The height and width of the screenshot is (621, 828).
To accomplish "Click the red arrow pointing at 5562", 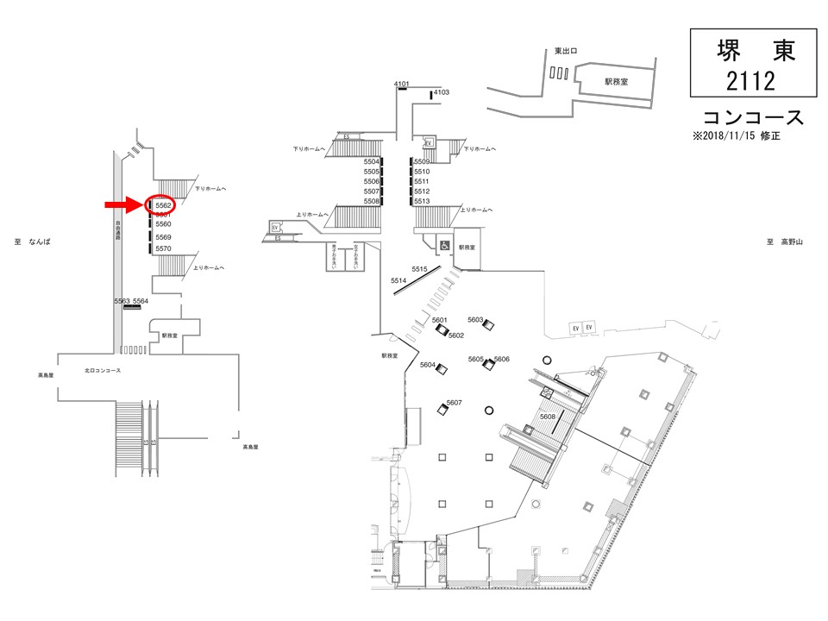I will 123,204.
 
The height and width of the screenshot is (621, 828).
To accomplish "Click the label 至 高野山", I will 784,242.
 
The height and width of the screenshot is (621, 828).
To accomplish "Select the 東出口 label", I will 566,51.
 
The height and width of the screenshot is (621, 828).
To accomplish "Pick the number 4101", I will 401,84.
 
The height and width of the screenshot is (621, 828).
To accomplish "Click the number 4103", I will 442,91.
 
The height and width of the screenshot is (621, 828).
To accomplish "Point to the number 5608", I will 548,417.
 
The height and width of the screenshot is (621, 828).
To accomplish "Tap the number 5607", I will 455,403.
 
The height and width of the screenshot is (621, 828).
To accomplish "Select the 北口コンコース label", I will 103,370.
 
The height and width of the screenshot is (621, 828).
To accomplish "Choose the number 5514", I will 398,281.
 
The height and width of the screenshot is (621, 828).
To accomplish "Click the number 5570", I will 164,249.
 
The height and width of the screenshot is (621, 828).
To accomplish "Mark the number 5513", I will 422,201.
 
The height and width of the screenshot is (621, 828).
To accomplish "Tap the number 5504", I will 372,162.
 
